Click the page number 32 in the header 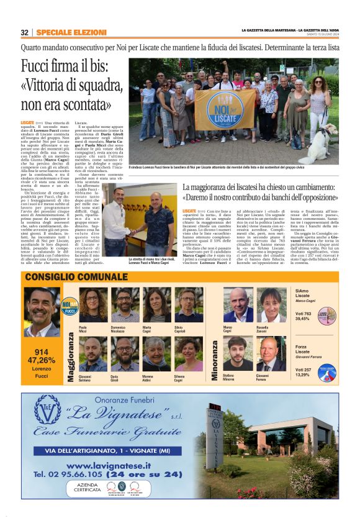click(25, 32)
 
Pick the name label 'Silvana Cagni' click(188, 378)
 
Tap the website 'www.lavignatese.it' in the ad click(109, 465)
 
